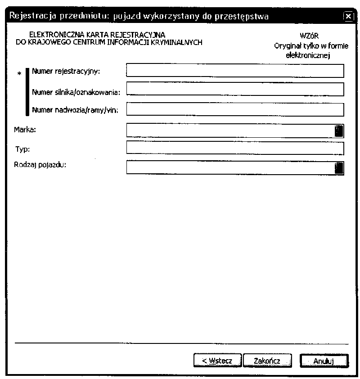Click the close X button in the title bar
tap(348, 17)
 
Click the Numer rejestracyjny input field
tap(235, 71)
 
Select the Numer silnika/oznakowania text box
tap(235, 89)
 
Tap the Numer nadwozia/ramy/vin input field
tap(235, 109)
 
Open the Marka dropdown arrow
tap(339, 131)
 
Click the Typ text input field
tap(235, 148)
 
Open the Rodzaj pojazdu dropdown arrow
tap(339, 167)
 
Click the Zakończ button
tap(267, 361)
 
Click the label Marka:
tap(25, 130)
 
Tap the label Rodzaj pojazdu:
tap(40, 165)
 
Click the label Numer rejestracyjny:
tap(66, 71)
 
